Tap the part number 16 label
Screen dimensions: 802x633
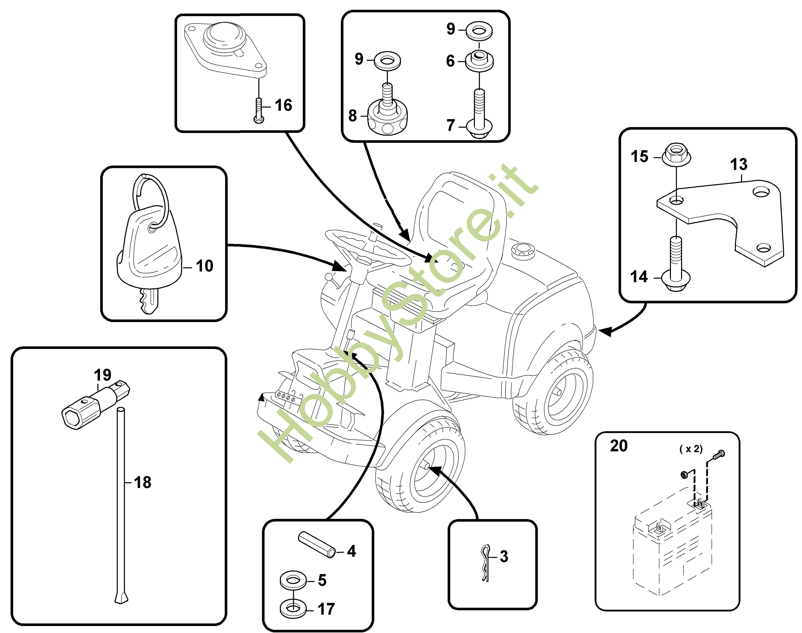pyautogui.click(x=283, y=105)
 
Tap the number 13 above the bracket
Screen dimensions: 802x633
pyautogui.click(x=739, y=164)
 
